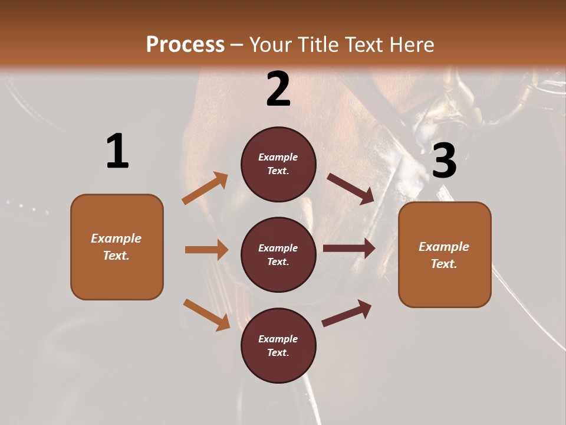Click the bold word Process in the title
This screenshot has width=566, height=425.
point(185,45)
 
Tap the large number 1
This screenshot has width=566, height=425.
point(117,151)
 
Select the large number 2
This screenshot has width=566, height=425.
point(278,90)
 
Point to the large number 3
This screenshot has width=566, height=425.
point(444,161)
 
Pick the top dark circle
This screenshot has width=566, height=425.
point(278,164)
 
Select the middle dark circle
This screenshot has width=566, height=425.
point(278,255)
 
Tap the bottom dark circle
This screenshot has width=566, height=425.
point(278,346)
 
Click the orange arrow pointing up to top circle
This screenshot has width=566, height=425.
point(205,188)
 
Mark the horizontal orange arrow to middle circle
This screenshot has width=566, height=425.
point(206,250)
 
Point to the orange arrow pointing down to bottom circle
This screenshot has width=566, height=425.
point(206,314)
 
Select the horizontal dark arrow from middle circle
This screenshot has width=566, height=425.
point(349,249)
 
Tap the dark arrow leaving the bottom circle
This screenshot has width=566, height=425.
point(347,313)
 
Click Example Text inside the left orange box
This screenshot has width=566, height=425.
point(116,247)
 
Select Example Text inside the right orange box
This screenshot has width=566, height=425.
point(444,255)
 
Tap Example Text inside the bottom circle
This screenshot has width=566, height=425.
point(278,345)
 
